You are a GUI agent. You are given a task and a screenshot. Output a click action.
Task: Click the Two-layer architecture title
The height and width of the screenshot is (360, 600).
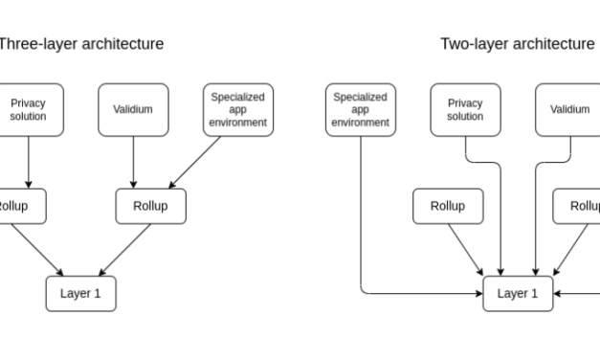tap(517, 44)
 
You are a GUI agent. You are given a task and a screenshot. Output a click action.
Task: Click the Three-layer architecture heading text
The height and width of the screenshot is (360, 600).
tap(80, 44)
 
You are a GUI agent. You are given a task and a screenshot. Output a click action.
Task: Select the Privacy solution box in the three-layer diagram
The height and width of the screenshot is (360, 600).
tap(28, 109)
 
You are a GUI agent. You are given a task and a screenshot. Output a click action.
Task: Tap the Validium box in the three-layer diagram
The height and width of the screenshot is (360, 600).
tap(133, 109)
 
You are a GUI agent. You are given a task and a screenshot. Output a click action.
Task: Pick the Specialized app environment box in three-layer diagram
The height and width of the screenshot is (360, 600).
tap(237, 109)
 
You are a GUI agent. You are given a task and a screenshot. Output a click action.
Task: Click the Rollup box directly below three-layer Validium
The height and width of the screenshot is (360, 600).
tap(151, 206)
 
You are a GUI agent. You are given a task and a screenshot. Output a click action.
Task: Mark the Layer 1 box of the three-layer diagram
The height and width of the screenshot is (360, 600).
tap(80, 293)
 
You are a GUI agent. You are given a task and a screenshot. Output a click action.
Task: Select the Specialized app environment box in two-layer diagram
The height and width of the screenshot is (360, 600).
tap(360, 109)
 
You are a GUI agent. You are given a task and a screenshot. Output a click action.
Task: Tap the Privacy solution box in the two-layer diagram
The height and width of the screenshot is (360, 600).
tap(465, 109)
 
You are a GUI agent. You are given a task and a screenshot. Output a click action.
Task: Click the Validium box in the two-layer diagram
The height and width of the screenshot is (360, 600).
tap(568, 109)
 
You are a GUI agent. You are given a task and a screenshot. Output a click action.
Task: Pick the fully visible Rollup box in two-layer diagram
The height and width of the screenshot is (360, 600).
tap(447, 206)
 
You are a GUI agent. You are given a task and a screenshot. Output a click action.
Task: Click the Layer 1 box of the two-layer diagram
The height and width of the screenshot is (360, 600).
tap(517, 293)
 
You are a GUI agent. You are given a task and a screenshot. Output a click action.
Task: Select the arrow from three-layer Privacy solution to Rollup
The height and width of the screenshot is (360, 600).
tap(28, 161)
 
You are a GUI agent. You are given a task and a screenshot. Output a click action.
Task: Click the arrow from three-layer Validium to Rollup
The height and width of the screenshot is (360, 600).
tap(133, 161)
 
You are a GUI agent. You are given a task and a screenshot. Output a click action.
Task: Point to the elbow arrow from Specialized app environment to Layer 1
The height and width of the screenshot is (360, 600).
tap(361, 239)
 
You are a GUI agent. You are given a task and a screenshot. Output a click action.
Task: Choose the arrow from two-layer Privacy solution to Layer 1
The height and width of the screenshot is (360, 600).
tap(500, 220)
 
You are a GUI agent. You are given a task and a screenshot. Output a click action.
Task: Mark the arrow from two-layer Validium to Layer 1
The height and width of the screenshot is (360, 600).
tap(534, 220)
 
